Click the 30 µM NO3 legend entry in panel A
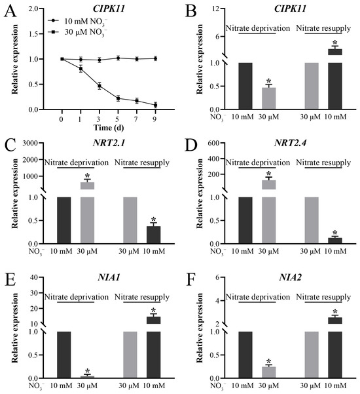coord(78,33)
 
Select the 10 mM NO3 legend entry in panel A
coord(78,22)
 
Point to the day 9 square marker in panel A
coord(155,105)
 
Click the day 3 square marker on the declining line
coord(99,86)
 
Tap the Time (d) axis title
coord(109,128)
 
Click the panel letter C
coord(10,146)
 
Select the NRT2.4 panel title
coord(290,143)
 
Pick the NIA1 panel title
coord(109,277)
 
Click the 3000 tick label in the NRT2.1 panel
coord(30,143)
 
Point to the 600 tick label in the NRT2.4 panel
coord(214,143)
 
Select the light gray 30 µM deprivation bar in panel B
coord(269,98)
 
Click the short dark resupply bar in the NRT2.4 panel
coord(335,241)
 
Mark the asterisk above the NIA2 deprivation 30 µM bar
coord(269,361)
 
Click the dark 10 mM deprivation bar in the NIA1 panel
coord(64,355)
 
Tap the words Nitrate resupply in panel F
coord(323,297)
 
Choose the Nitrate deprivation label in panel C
coord(77,163)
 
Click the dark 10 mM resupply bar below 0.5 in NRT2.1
coord(154,235)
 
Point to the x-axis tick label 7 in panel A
coord(136,119)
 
